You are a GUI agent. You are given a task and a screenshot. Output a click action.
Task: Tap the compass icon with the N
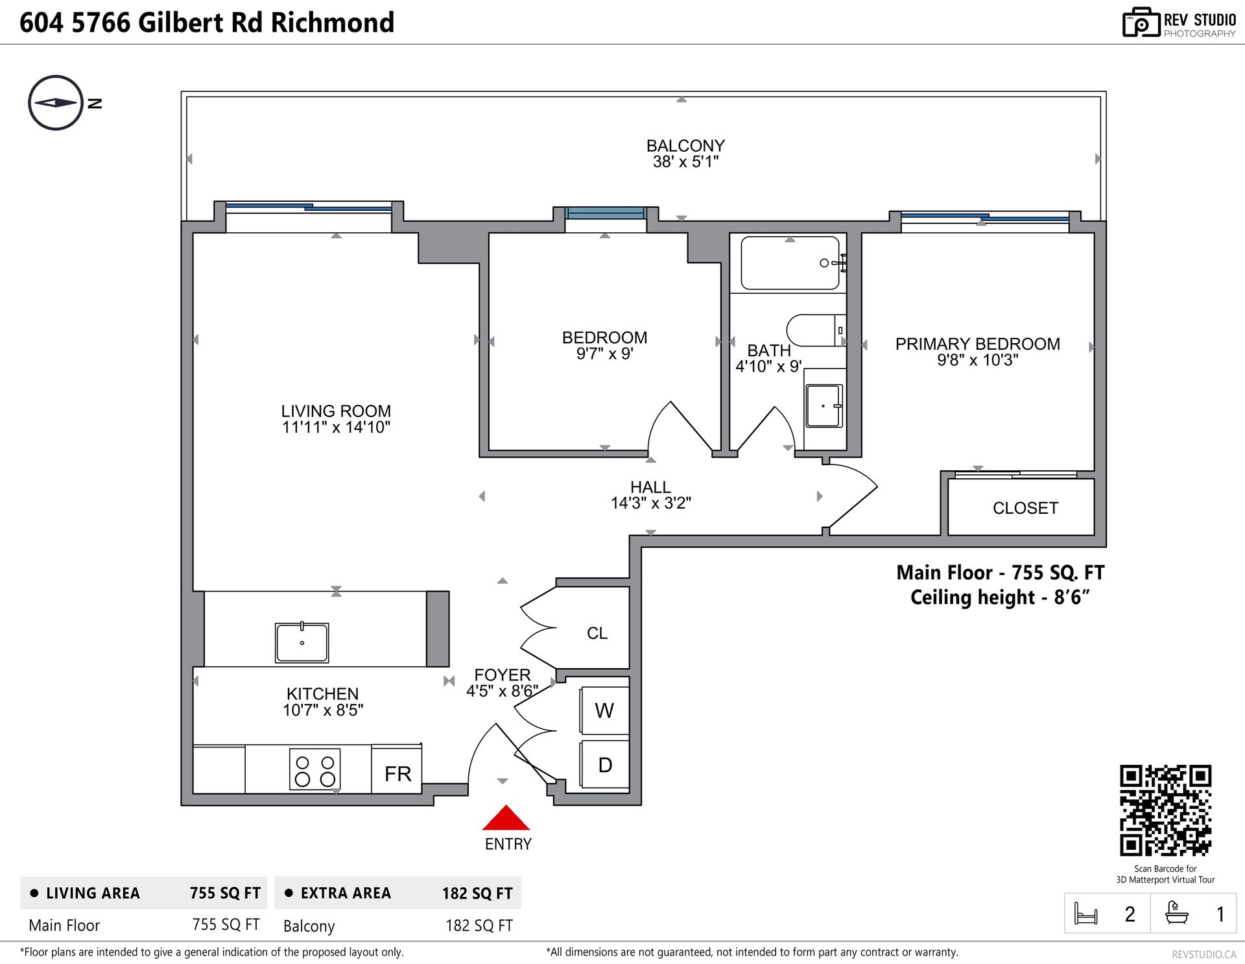(x=56, y=102)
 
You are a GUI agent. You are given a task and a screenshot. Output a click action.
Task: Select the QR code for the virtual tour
(x=1165, y=810)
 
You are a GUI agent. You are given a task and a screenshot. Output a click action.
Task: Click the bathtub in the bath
(x=790, y=263)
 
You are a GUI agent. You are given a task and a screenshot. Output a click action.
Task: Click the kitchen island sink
(x=302, y=642)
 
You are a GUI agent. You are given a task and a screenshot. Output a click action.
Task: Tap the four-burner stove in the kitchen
(x=314, y=770)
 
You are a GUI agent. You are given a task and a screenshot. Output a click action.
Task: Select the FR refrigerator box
(x=397, y=769)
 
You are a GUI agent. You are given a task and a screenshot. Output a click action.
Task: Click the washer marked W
(x=604, y=710)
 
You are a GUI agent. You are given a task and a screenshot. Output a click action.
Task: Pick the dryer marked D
(x=604, y=765)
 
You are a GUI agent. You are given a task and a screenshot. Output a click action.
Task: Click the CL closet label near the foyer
(x=597, y=633)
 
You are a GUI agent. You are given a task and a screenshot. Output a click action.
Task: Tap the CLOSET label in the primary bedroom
(x=1025, y=508)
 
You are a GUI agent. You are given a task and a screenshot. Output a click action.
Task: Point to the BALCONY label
(x=685, y=146)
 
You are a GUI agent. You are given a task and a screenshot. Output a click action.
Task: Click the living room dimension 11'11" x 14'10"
(x=336, y=427)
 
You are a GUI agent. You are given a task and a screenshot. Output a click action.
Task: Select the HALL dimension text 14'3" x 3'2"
(x=650, y=503)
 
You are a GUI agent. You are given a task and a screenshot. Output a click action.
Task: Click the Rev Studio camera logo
(x=1141, y=23)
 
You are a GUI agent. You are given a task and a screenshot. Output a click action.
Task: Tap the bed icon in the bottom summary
(x=1086, y=913)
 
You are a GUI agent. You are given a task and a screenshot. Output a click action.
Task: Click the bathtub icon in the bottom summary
(x=1176, y=913)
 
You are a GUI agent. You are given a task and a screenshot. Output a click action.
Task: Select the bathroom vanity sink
(x=824, y=406)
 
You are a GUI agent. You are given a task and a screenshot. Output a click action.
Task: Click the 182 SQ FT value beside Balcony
(x=479, y=926)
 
